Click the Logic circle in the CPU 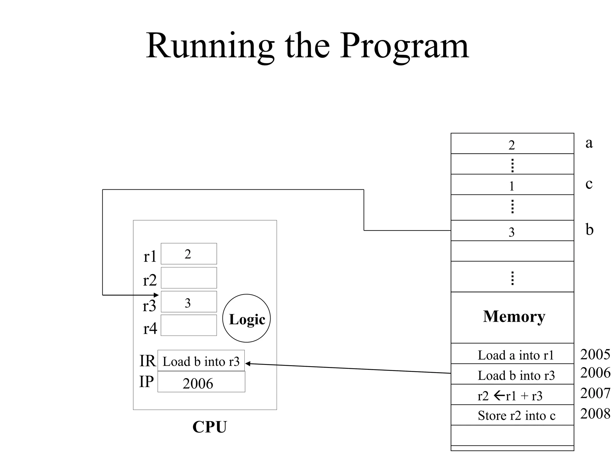pos(246,318)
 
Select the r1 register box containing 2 pos(189,254)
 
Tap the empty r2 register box pos(189,278)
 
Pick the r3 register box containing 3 pos(189,302)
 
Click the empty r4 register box pos(189,325)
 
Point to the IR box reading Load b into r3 pos(201,361)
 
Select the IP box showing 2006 pos(201,382)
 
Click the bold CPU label pos(210,427)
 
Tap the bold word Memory pos(514,317)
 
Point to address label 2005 pos(595,354)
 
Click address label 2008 pos(595,414)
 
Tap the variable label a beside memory pos(589,143)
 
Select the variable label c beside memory pos(589,184)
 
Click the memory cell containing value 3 pos(512,231)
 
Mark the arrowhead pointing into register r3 pos(156,295)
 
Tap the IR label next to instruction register pos(147,361)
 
